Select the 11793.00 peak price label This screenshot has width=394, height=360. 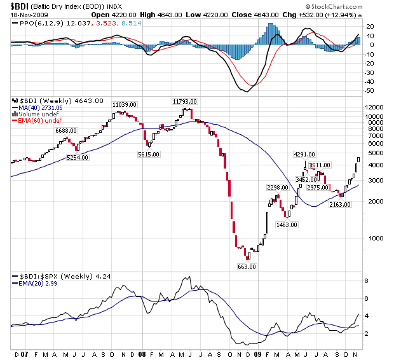(186, 101)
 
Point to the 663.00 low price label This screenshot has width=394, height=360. (247, 267)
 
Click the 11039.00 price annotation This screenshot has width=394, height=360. (125, 104)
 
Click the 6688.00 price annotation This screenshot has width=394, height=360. (67, 130)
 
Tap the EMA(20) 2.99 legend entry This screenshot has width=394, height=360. (39, 284)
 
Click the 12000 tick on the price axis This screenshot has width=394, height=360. (374, 108)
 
